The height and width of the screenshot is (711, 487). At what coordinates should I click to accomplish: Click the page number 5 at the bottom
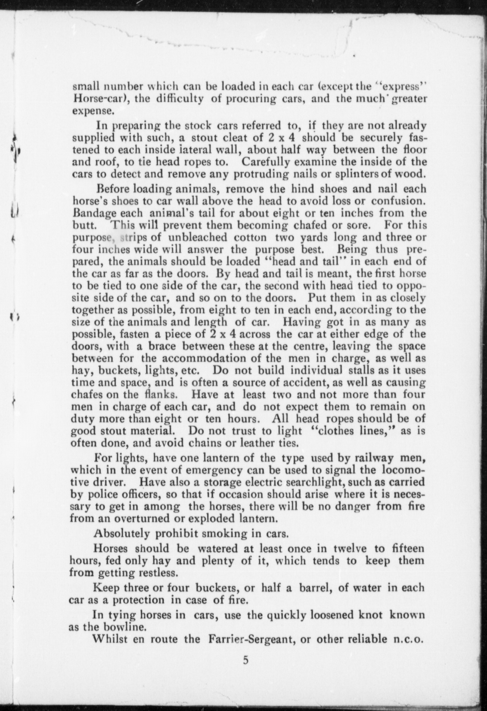click(245, 660)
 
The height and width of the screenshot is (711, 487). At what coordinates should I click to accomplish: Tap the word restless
click(153, 573)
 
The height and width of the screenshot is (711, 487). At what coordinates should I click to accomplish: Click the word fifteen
click(406, 549)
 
